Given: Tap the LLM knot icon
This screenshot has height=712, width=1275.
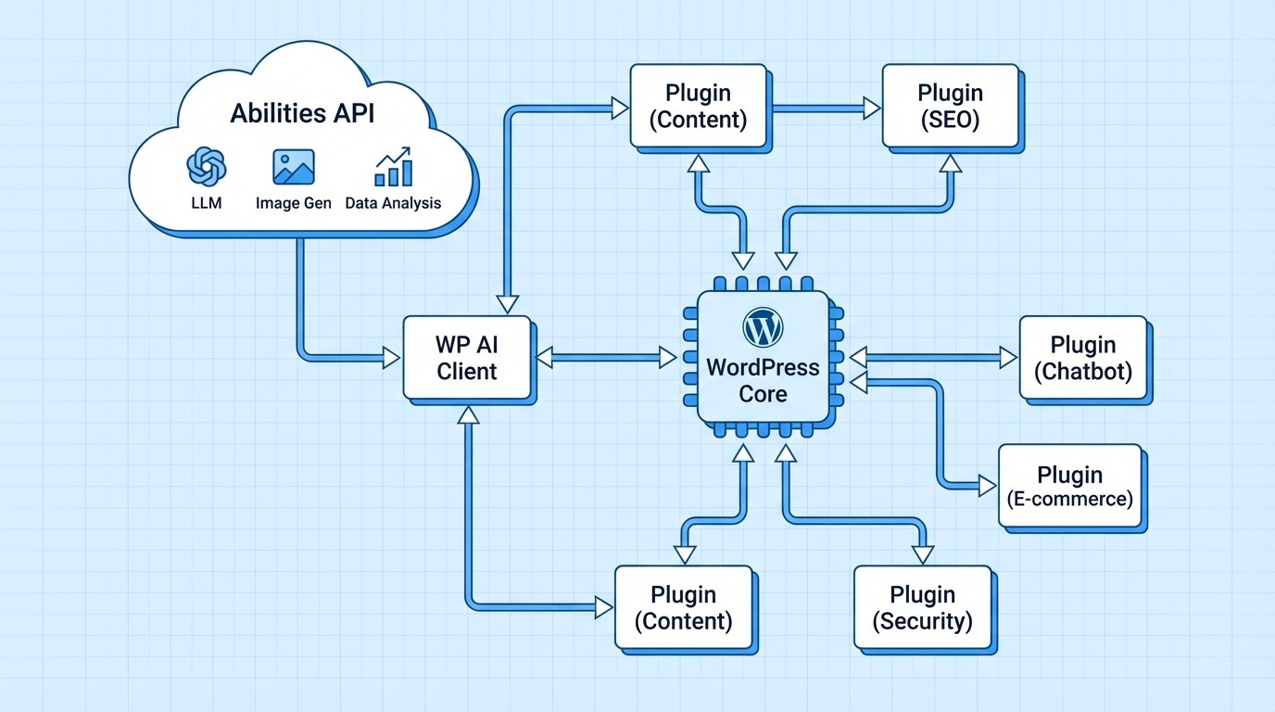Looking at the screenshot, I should point(206,167).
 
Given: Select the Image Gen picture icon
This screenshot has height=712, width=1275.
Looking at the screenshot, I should point(293,167).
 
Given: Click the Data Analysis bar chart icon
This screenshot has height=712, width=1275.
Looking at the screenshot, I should point(393,167).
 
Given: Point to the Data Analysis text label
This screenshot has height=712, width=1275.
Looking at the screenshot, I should point(393,203).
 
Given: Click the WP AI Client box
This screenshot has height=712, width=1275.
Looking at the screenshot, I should point(467,358).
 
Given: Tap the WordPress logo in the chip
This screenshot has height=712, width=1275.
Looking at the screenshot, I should point(763,327).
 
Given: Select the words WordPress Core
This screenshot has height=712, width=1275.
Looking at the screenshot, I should point(763,380).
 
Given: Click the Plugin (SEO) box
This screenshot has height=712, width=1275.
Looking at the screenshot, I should point(949,106).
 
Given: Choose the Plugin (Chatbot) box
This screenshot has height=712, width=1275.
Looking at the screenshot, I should point(1082,358).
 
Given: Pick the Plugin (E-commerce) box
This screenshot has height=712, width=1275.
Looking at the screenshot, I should point(1069,486).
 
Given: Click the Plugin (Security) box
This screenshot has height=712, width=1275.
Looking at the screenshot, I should point(922,607).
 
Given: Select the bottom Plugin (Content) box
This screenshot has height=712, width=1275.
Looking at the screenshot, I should point(683,607).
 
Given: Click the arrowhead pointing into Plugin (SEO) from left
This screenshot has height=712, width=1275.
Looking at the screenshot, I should point(871,108).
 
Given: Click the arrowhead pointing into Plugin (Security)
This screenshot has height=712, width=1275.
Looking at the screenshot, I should point(922,553).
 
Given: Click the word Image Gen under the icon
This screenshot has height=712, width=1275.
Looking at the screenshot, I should point(293,203).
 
